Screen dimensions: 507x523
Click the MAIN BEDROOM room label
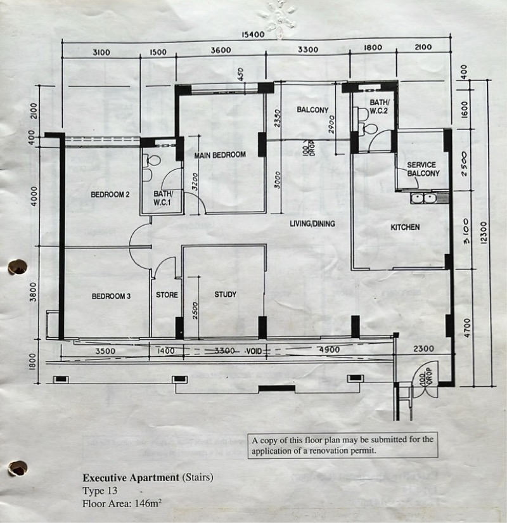click(220, 155)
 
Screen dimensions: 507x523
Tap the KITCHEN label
click(405, 227)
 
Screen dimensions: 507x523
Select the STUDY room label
click(226, 294)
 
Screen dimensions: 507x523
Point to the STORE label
click(167, 295)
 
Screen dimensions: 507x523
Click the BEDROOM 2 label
click(110, 194)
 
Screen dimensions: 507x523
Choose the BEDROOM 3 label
click(111, 296)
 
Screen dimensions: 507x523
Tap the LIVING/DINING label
click(312, 224)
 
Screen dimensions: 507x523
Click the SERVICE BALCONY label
click(423, 169)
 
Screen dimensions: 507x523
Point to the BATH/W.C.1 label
click(163, 198)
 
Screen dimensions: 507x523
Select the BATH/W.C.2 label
click(379, 107)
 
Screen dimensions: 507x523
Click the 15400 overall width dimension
click(253, 34)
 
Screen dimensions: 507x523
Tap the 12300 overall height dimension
click(484, 233)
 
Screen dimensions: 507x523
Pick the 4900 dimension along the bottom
click(329, 349)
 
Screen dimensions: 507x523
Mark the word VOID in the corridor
click(254, 351)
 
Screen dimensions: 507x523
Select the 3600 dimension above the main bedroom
click(221, 50)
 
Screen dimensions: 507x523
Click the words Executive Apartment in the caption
click(131, 477)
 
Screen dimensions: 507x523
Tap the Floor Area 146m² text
click(122, 503)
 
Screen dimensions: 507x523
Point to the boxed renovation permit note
click(343, 445)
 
